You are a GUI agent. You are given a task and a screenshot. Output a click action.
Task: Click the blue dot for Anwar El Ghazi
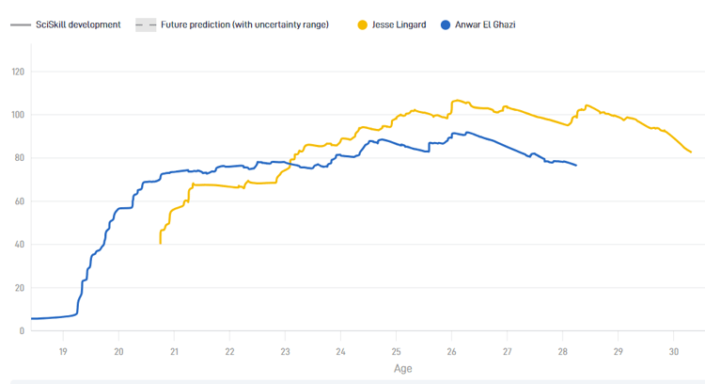[446, 24]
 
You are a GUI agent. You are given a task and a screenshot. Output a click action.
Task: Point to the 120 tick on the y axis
[17, 72]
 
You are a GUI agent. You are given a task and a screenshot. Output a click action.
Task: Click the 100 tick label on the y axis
[17, 115]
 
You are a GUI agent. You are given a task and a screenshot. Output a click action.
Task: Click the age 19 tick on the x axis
[63, 351]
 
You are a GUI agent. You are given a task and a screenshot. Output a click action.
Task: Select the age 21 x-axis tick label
[174, 351]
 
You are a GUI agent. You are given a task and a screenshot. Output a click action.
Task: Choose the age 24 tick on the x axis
[340, 351]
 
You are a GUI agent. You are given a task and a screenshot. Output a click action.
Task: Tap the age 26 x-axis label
[451, 351]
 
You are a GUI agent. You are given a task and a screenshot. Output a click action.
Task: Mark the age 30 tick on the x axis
[673, 351]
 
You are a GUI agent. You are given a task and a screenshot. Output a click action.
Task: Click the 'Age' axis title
[402, 369]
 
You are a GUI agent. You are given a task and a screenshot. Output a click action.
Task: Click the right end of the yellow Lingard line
[691, 152]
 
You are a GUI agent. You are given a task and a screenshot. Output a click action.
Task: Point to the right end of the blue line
[576, 166]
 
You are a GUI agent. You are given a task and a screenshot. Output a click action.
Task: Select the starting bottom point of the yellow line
[160, 243]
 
